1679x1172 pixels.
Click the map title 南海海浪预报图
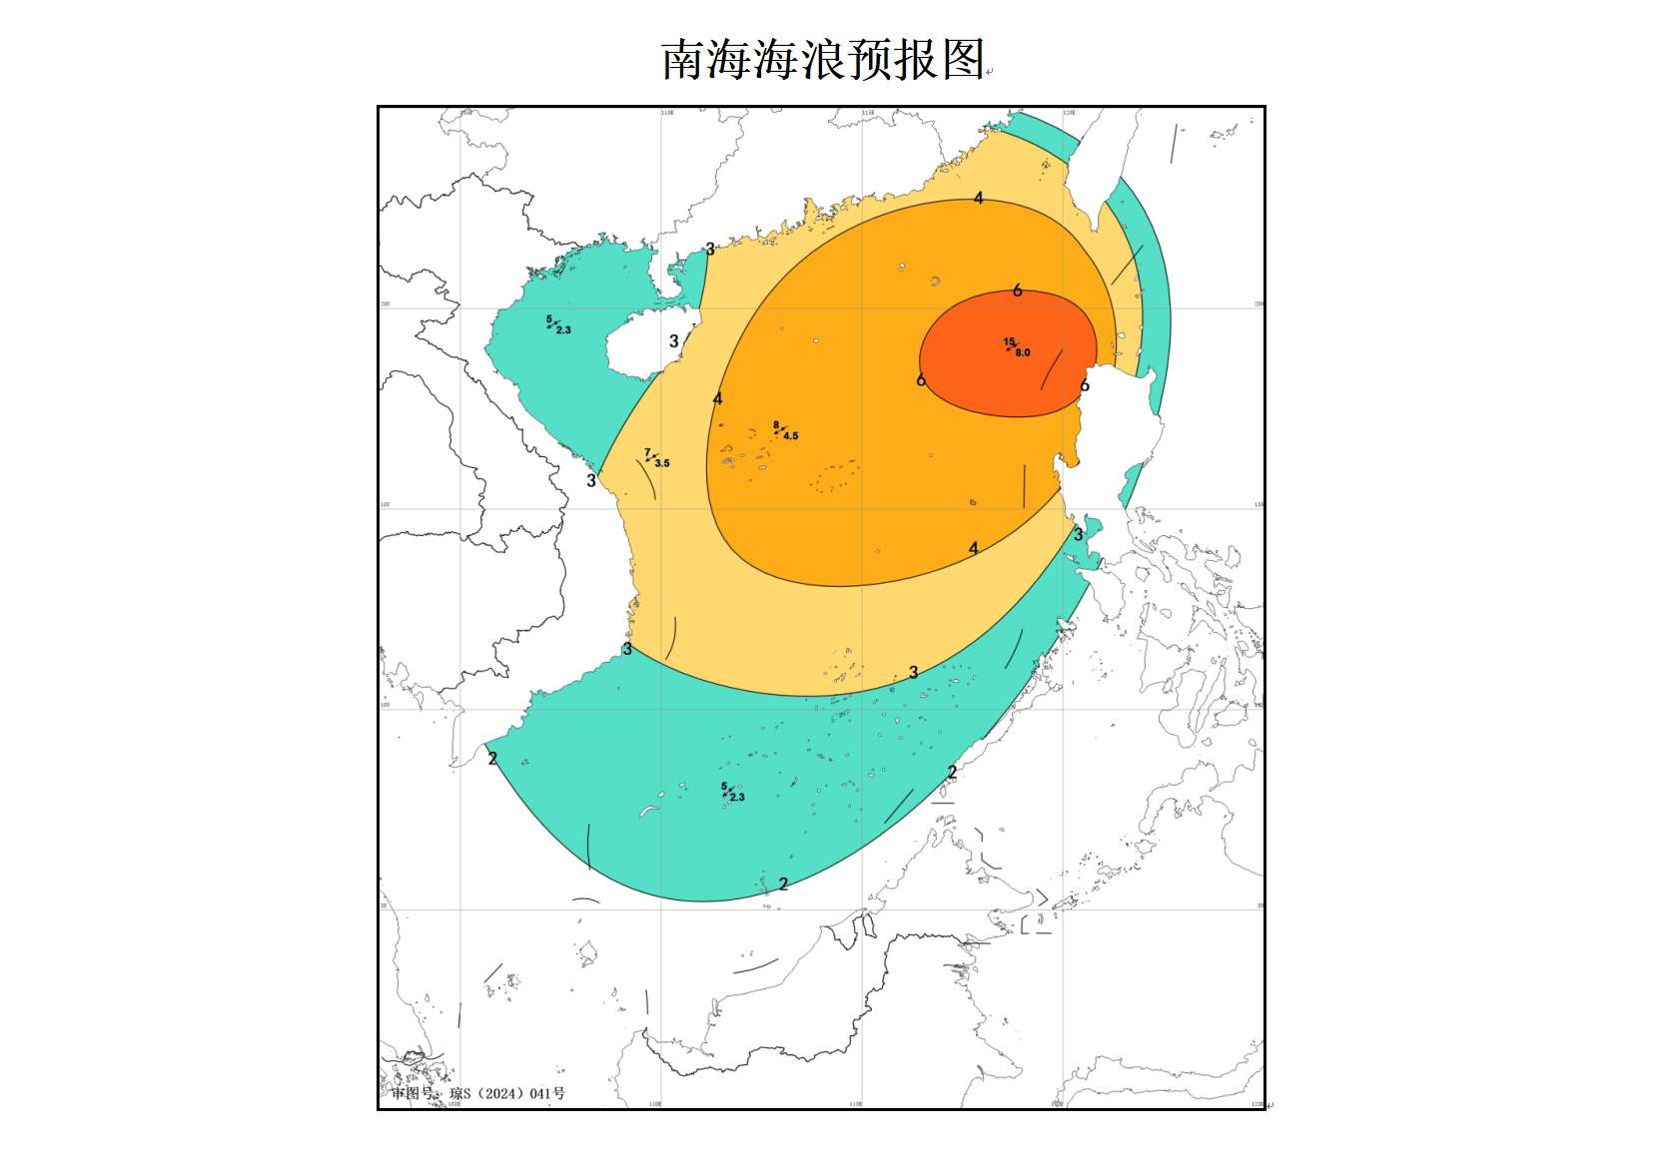pyautogui.click(x=824, y=60)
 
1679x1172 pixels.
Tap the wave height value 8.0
pyautogui.click(x=1023, y=352)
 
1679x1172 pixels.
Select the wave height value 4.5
pyautogui.click(x=791, y=436)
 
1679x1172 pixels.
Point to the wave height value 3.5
pyautogui.click(x=662, y=463)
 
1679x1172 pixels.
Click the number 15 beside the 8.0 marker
pyautogui.click(x=1009, y=342)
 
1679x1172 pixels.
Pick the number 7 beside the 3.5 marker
pyautogui.click(x=647, y=453)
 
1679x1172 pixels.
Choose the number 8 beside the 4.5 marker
pyautogui.click(x=776, y=426)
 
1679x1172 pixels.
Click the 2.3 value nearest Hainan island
pyautogui.click(x=563, y=330)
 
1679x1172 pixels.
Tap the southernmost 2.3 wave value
pyautogui.click(x=737, y=798)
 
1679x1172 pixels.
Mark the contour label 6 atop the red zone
pyautogui.click(x=1017, y=291)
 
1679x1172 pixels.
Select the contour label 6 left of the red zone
pyautogui.click(x=921, y=380)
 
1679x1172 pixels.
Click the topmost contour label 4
pyautogui.click(x=979, y=199)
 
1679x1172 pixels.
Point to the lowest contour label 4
pyautogui.click(x=974, y=548)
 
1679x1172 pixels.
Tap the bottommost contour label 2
pyautogui.click(x=784, y=883)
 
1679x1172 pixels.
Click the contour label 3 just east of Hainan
pyautogui.click(x=674, y=341)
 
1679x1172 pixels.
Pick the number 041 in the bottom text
pyautogui.click(x=540, y=1093)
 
